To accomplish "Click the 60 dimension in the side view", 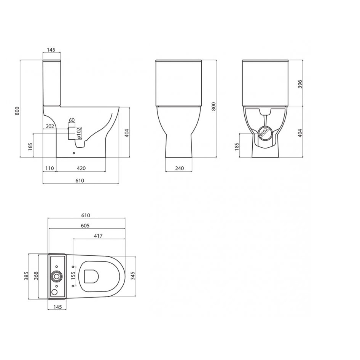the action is (x=72, y=120).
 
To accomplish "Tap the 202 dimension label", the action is (x=50, y=126).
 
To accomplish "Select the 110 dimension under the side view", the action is (x=49, y=168).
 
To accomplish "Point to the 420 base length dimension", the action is (x=81, y=168).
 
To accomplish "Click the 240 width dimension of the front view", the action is (x=179, y=168).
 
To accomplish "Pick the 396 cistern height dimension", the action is (x=300, y=84).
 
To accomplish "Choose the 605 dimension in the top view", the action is (x=85, y=226).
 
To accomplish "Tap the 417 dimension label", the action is (x=98, y=236).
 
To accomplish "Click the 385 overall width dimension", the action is (x=26, y=276).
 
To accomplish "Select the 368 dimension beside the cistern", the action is (x=36, y=276).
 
